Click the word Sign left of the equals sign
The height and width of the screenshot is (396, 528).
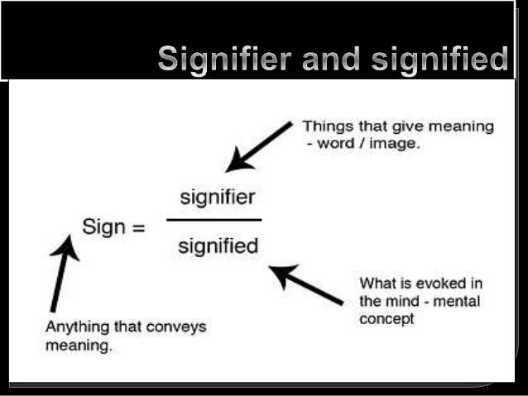[102, 227]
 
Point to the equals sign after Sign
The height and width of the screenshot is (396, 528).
[136, 227]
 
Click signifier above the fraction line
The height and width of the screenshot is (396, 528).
[218, 198]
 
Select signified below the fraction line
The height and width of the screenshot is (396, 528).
[218, 246]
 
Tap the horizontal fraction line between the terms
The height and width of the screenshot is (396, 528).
[214, 220]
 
